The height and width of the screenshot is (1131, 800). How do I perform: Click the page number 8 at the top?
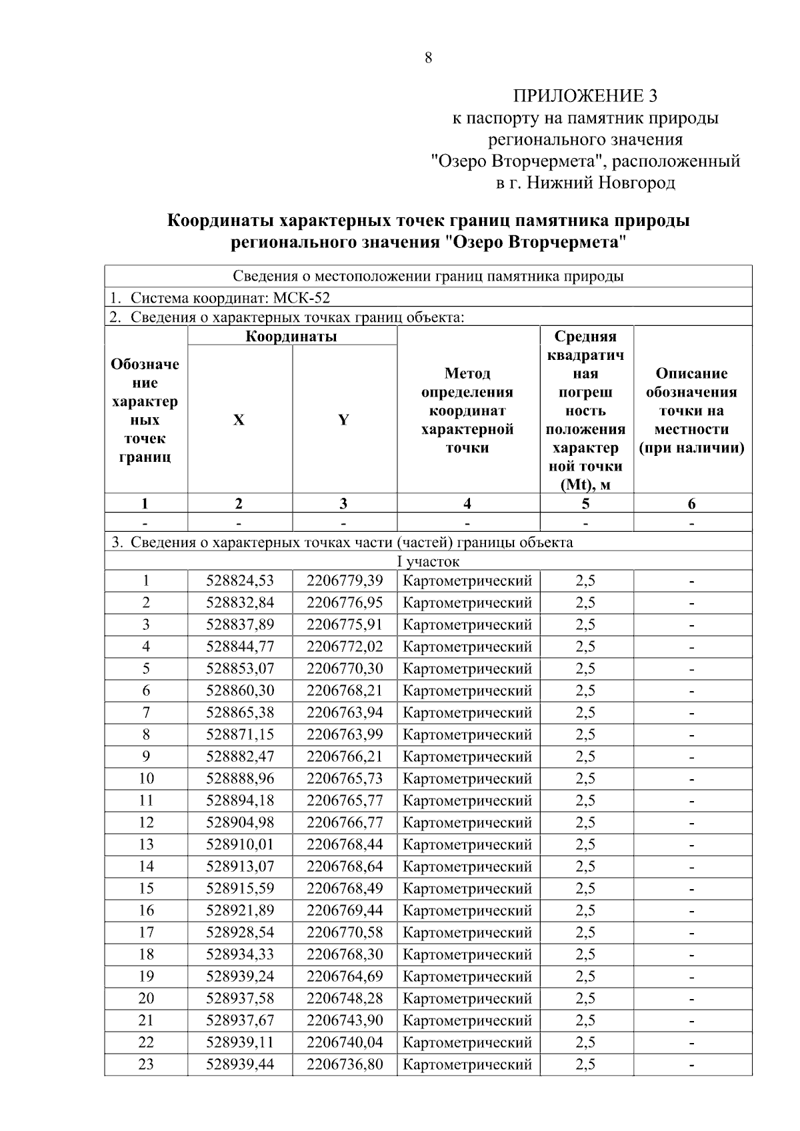(428, 58)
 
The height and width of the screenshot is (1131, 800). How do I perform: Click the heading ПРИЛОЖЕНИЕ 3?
(585, 96)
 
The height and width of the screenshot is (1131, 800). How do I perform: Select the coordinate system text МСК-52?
(301, 298)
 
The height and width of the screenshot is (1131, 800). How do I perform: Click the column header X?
(239, 420)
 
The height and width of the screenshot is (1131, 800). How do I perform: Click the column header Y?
(343, 420)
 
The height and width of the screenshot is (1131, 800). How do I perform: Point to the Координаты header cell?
(291, 336)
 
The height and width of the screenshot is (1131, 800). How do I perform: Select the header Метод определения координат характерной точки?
(467, 411)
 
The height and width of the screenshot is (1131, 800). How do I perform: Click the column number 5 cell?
(585, 504)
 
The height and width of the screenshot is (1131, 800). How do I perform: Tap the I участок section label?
(428, 562)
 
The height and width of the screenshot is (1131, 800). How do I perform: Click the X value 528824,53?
(239, 581)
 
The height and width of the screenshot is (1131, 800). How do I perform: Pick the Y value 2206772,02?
(345, 646)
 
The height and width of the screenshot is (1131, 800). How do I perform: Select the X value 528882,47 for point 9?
(239, 756)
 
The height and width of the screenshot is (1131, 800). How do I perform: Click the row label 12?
(145, 822)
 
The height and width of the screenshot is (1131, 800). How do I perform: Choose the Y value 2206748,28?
(345, 998)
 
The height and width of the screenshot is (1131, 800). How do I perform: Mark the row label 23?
(145, 1064)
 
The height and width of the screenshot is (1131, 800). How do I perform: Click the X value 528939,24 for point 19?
(239, 976)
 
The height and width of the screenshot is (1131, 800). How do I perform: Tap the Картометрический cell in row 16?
(467, 910)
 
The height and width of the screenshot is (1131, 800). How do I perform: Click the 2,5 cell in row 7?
(585, 712)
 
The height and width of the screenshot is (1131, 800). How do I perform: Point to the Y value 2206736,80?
(345, 1064)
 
